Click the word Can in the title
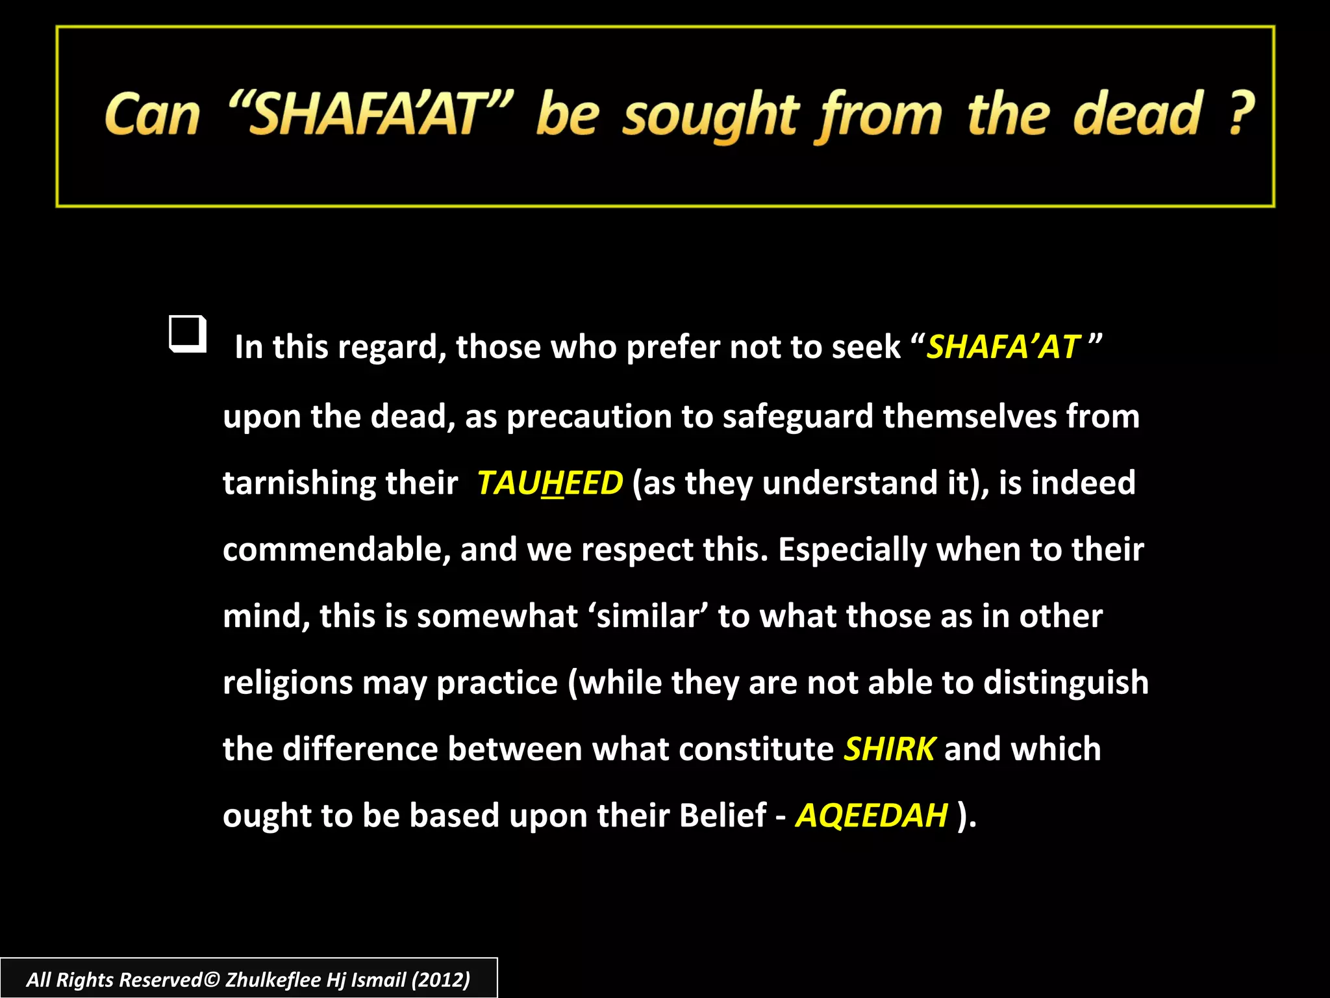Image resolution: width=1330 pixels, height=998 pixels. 152,115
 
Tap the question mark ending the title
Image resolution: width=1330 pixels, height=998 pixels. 1241,113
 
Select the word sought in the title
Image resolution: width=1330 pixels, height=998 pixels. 710,117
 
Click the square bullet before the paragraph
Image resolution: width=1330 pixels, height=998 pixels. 188,334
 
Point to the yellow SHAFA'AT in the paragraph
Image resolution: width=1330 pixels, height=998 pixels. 1003,347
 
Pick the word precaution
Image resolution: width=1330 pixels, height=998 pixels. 589,416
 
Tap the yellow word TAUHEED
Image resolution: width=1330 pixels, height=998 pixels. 549,483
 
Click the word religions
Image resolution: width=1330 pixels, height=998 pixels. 288,684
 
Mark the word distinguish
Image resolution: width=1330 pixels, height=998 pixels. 1066,684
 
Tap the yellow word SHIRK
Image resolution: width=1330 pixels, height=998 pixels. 889,749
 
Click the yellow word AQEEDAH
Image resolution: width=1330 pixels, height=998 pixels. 872,815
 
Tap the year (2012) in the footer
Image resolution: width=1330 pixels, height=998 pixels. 440,979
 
